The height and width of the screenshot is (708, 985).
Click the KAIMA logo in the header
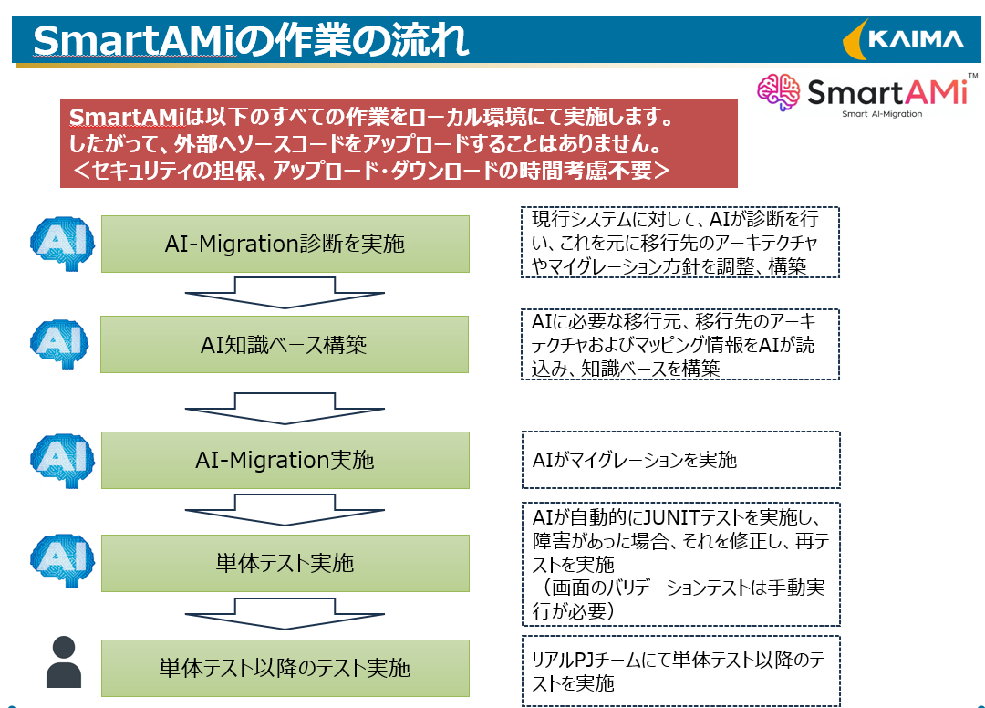pyautogui.click(x=903, y=39)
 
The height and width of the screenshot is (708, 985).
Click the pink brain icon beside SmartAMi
pyautogui.click(x=778, y=92)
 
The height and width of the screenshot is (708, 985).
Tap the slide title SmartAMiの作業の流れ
pyautogui.click(x=251, y=40)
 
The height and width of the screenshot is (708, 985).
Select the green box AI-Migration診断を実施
pyautogui.click(x=285, y=244)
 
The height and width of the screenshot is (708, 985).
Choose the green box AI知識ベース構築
pyautogui.click(x=285, y=344)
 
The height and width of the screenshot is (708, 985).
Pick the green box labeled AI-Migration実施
pyautogui.click(x=285, y=460)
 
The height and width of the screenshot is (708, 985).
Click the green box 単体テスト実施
pyautogui.click(x=285, y=563)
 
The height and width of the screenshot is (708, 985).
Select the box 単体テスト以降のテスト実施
pyautogui.click(x=285, y=668)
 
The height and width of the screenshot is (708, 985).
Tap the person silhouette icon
pyautogui.click(x=64, y=661)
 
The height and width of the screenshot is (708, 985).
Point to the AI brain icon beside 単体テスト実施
pyautogui.click(x=62, y=561)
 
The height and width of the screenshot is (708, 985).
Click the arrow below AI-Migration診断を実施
pyautogui.click(x=285, y=293)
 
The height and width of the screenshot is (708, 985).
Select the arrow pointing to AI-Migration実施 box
pyautogui.click(x=285, y=409)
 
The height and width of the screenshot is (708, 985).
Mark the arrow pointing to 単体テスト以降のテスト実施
pyautogui.click(x=285, y=614)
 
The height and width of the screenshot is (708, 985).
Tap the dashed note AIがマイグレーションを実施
pyautogui.click(x=681, y=460)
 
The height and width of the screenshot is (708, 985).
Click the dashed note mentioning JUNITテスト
pyautogui.click(x=681, y=564)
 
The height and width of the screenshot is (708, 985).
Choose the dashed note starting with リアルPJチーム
pyautogui.click(x=681, y=671)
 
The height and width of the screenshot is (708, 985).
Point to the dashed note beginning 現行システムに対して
pyautogui.click(x=680, y=243)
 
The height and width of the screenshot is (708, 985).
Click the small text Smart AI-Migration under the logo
pyautogui.click(x=882, y=114)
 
